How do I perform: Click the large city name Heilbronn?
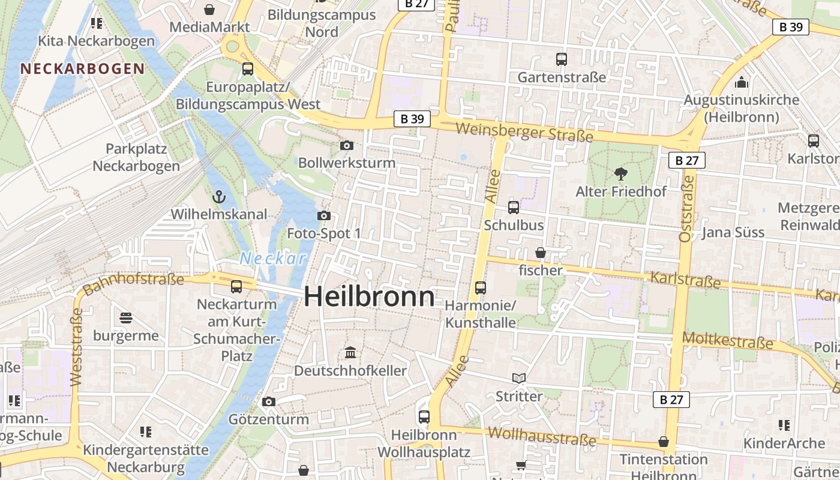click(369, 297)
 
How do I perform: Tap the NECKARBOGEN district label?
click(83, 68)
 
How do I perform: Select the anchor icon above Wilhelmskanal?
click(218, 196)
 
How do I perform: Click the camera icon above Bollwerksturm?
click(346, 145)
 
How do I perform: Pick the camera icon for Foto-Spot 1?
click(324, 215)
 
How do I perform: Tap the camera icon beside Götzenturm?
click(269, 401)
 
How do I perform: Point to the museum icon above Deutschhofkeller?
click(350, 352)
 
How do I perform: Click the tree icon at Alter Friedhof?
click(621, 174)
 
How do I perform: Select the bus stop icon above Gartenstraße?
click(562, 59)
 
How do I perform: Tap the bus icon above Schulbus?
click(514, 208)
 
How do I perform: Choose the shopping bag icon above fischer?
click(541, 253)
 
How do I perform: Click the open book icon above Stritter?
click(519, 378)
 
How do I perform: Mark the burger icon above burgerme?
click(126, 317)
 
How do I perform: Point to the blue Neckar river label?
click(274, 259)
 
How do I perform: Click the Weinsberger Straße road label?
click(524, 132)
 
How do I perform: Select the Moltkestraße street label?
click(728, 341)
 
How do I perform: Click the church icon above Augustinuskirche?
click(742, 82)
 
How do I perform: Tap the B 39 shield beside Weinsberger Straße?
click(412, 119)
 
